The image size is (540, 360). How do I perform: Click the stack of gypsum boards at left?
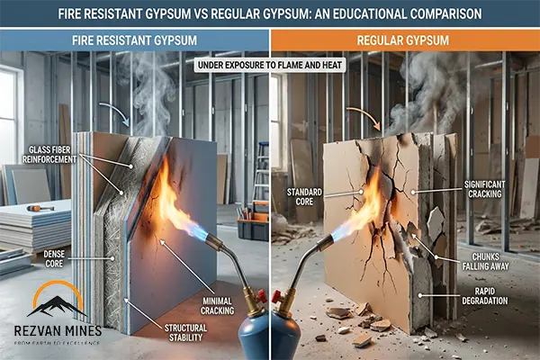tap(32, 225)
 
